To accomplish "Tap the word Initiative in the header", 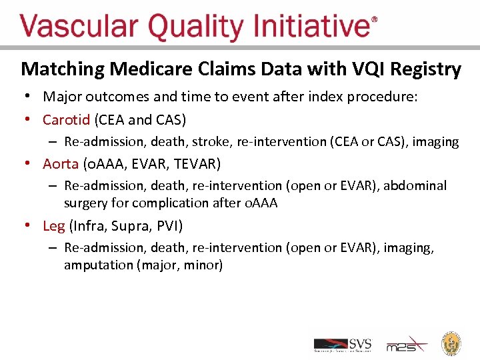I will click(x=312, y=27).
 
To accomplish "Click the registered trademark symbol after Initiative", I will click(x=374, y=20).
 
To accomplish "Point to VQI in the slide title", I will click(x=363, y=69).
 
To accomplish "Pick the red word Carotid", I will click(x=66, y=120).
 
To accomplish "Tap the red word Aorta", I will click(x=61, y=163).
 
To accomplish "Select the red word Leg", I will click(x=54, y=225).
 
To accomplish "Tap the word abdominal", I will click(x=419, y=185).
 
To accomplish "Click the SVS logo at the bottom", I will click(x=343, y=344).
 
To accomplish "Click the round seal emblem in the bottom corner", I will click(x=453, y=343).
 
